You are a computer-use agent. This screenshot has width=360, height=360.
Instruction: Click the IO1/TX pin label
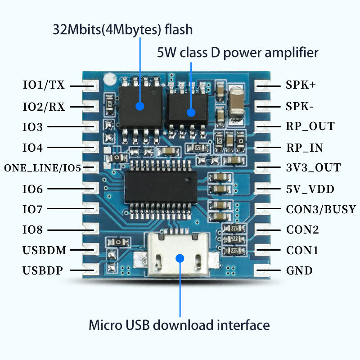44,85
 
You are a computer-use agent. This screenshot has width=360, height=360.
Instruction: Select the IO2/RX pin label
44,107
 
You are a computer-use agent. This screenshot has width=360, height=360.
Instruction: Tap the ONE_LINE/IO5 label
42,168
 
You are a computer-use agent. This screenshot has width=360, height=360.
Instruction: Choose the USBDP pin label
43,270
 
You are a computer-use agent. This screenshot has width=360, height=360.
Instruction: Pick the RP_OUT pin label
310,126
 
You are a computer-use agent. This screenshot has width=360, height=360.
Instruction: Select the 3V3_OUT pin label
313,168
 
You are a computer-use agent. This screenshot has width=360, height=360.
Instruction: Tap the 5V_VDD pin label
310,189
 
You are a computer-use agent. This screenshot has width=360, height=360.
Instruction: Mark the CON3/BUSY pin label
321,209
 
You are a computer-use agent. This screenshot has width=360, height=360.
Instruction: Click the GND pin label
299,270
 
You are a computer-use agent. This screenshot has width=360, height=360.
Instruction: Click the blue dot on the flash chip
140,106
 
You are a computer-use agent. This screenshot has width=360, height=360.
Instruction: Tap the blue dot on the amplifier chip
191,112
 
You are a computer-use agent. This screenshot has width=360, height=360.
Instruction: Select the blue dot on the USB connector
180,258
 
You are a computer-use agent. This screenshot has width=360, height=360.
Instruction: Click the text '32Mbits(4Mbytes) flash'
123,30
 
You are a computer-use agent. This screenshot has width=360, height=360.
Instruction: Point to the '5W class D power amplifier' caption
238,53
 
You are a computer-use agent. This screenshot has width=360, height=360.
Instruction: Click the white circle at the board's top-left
108,80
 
